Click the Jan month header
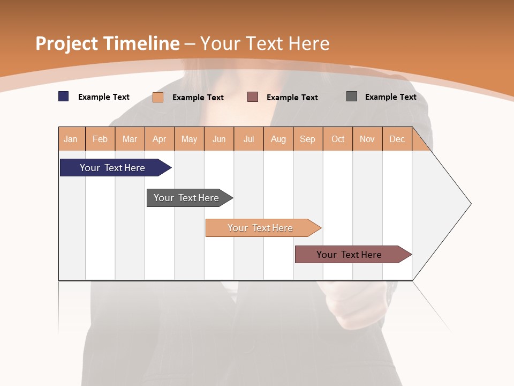click(71, 139)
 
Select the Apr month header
click(160, 139)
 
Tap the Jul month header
click(248, 139)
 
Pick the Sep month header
click(308, 139)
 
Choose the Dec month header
click(397, 139)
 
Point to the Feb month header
click(100, 139)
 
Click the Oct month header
click(338, 139)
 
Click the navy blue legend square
click(64, 96)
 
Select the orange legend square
click(158, 97)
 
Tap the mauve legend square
click(253, 97)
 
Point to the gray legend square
click(352, 96)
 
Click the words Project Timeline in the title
click(108, 43)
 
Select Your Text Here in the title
click(265, 43)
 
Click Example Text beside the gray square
click(390, 97)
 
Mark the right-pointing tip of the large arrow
click(470, 204)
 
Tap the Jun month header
click(219, 139)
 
